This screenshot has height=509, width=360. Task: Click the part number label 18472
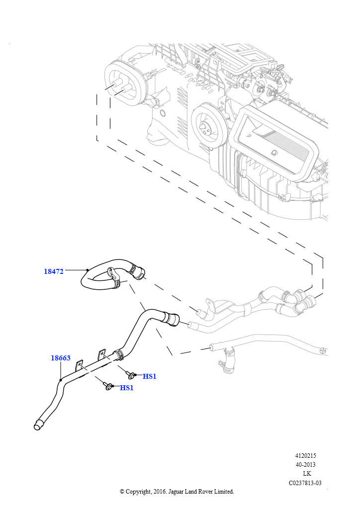(54, 271)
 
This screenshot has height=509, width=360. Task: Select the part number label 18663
(61, 358)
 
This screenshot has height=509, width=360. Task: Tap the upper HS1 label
(149, 376)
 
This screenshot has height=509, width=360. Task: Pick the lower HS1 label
(127, 388)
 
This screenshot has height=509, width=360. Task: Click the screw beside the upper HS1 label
(131, 374)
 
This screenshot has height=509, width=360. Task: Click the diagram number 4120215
(305, 455)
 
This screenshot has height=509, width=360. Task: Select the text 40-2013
(305, 465)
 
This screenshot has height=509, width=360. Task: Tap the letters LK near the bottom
(307, 474)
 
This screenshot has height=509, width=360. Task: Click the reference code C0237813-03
(305, 483)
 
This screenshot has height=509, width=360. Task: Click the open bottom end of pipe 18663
(38, 425)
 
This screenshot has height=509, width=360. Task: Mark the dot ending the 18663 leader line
(61, 380)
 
